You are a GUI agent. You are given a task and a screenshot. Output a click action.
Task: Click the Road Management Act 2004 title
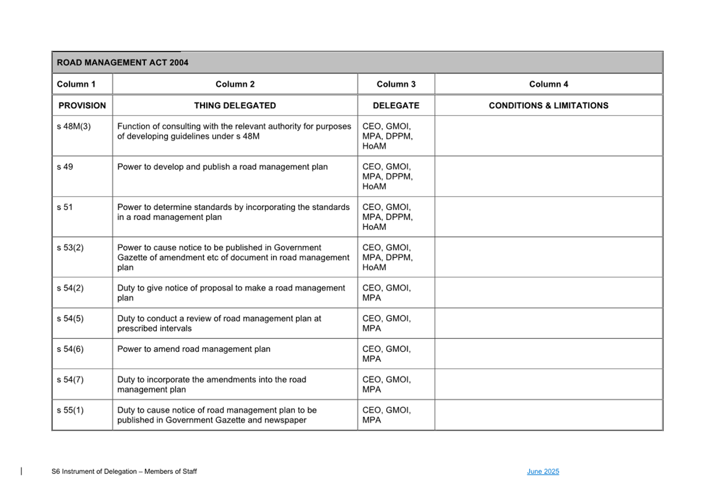(x=122, y=63)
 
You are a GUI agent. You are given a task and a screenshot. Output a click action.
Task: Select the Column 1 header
(x=76, y=84)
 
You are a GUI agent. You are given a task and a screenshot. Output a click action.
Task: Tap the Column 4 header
(x=548, y=84)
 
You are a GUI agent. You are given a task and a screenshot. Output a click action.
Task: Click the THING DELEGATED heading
(x=235, y=106)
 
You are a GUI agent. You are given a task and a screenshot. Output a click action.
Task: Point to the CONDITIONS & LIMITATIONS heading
(x=548, y=106)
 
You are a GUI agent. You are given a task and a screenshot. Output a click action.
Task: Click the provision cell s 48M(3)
(x=74, y=127)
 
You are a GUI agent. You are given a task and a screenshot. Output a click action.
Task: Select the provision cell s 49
(x=65, y=167)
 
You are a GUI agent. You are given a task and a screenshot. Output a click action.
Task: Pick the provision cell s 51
(x=65, y=207)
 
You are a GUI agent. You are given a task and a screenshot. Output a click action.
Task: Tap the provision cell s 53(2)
(x=70, y=247)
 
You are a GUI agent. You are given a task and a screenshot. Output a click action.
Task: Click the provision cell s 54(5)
(x=70, y=318)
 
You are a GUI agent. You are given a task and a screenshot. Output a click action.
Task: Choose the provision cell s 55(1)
(x=70, y=410)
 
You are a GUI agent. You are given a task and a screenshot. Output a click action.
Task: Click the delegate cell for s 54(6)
(x=386, y=353)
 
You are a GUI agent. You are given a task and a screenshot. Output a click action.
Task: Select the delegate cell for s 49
(x=387, y=176)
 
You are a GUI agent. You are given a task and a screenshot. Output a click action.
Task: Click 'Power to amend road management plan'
(x=194, y=349)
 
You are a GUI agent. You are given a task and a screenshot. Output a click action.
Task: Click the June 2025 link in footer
(x=543, y=472)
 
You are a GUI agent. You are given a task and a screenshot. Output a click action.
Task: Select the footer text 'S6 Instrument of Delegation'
(x=124, y=472)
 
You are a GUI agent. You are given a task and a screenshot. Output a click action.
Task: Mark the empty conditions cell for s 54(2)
(x=548, y=293)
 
